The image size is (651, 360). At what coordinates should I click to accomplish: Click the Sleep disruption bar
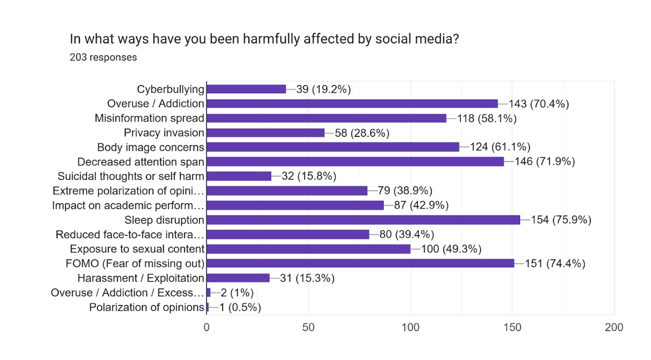click(364, 220)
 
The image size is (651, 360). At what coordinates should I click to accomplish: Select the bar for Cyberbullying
click(246, 89)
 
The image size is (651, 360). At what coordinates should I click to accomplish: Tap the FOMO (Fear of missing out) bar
click(361, 263)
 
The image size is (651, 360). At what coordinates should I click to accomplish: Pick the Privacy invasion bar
click(266, 132)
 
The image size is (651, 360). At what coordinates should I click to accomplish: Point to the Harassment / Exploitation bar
click(238, 278)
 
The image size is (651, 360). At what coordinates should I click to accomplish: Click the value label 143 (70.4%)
click(539, 103)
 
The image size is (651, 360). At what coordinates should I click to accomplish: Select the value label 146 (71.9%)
click(542, 162)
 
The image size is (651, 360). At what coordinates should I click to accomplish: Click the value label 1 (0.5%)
click(240, 307)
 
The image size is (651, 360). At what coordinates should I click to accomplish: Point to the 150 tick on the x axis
click(513, 327)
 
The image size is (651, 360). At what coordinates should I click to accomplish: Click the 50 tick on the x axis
click(309, 327)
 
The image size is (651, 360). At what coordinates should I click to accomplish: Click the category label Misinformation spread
click(149, 118)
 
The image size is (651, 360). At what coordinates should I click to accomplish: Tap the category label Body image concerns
click(151, 147)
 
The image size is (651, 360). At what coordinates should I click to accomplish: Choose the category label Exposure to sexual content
click(137, 249)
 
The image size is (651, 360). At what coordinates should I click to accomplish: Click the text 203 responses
click(103, 57)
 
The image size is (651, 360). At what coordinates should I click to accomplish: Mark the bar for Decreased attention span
click(356, 162)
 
